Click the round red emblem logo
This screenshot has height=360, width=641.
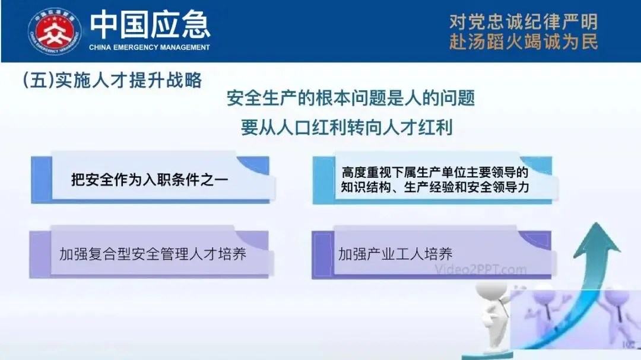pos(55,32)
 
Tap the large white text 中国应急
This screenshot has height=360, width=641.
pos(150,26)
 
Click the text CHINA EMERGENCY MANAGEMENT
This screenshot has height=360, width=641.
pos(149,47)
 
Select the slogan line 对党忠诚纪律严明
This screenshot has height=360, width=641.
pos(523,22)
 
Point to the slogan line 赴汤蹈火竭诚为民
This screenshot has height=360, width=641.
pos(523,42)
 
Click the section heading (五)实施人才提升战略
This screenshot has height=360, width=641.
pos(112,80)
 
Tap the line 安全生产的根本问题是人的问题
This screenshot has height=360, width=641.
pos(350,98)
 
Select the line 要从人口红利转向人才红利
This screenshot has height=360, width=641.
pos(346,128)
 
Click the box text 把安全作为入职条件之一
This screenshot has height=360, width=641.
pos(149,179)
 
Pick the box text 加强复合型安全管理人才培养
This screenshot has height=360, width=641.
pos(153,254)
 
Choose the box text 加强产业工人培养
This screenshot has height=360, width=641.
pos(395,254)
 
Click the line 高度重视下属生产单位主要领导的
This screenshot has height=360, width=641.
pos(435,173)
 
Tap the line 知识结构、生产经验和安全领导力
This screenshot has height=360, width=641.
pos(435,187)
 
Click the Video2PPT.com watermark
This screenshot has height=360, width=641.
pos(480,270)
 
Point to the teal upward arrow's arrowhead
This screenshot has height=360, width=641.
pos(596,240)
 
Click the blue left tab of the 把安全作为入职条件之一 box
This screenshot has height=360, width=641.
pos(42,179)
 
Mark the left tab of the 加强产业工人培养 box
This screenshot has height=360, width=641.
pos(323,254)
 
